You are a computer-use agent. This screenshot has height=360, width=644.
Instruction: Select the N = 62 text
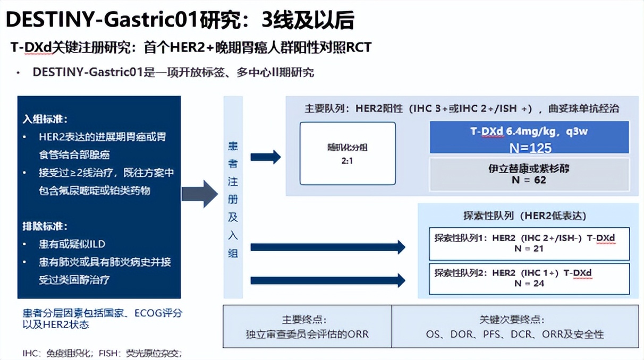(529, 180)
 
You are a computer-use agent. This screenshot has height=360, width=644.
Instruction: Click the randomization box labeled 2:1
(348, 153)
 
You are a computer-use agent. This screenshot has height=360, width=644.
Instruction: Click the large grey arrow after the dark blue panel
(200, 194)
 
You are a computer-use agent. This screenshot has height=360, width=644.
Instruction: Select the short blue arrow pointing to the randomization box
(265, 157)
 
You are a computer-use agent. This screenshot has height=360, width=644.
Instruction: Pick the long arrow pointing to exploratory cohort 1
(327, 247)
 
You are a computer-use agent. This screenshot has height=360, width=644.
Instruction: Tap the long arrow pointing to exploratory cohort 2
(327, 280)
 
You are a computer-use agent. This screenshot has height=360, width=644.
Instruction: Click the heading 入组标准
(45, 119)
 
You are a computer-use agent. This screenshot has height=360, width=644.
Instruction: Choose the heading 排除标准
(45, 226)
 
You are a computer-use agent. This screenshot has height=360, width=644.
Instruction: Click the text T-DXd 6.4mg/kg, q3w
(529, 131)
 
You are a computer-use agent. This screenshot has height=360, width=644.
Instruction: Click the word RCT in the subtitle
(359, 47)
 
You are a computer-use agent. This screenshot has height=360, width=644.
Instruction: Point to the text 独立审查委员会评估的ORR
(307, 335)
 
